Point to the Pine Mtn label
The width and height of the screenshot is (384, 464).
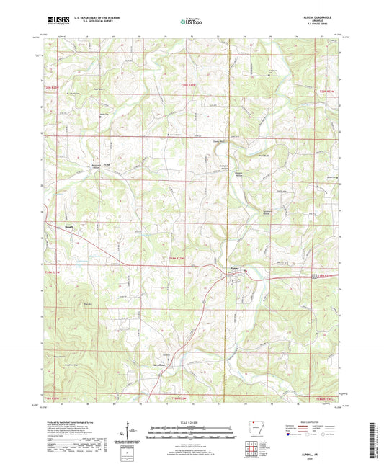pos(87,305)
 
